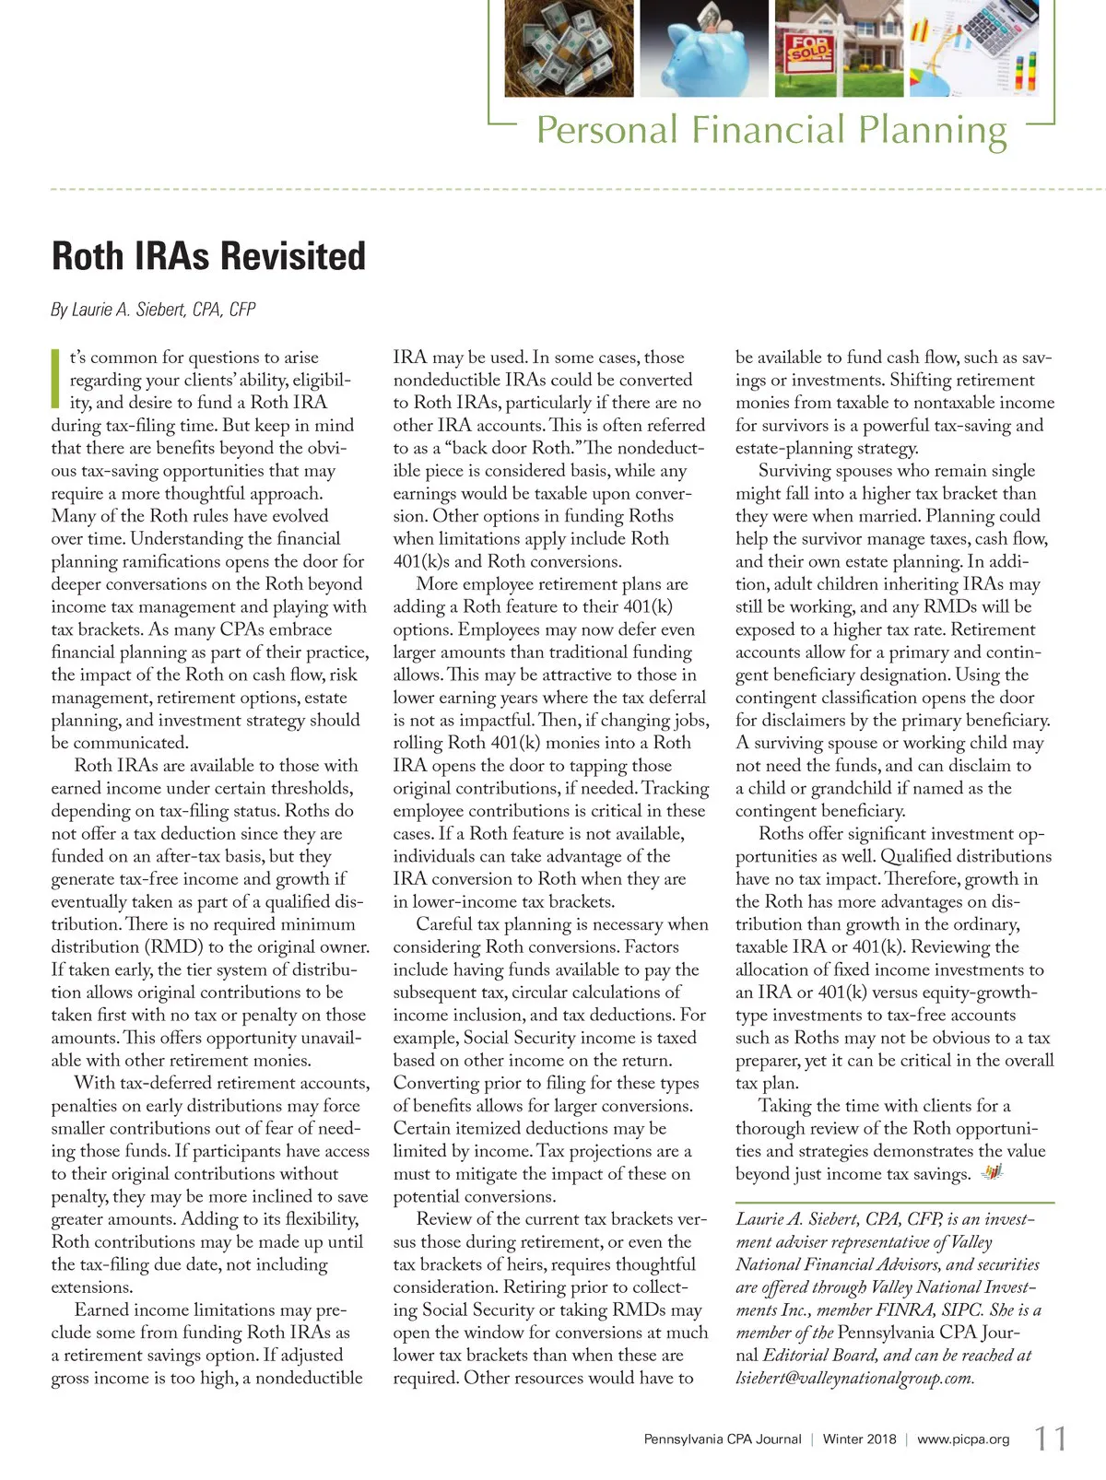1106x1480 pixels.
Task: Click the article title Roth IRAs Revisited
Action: tap(209, 256)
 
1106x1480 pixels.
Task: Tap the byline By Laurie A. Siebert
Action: tap(153, 310)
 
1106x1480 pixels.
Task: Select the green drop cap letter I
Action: tap(56, 378)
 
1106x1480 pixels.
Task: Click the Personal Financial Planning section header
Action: tap(771, 130)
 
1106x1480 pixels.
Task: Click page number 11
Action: tap(1050, 1439)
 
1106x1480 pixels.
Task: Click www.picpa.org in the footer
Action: tap(963, 1439)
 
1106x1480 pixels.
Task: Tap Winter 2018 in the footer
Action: tap(859, 1439)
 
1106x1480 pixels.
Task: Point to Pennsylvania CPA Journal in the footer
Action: tap(723, 1439)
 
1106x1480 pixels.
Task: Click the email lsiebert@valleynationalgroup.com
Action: tap(854, 1379)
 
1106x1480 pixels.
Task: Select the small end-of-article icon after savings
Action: tap(992, 1172)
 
